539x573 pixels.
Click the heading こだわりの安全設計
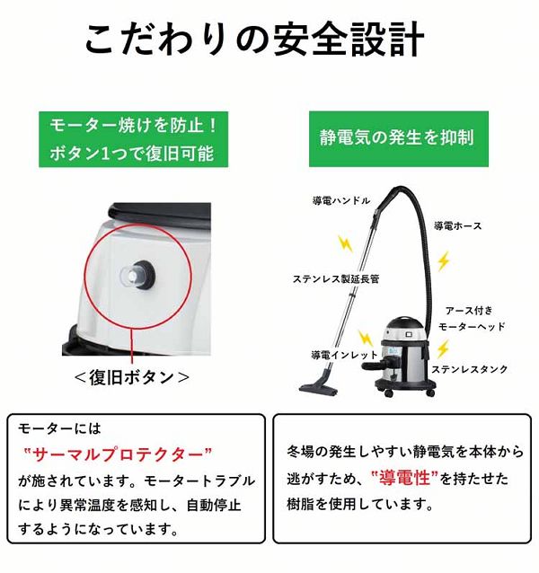(x=255, y=40)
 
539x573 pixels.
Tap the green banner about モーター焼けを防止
(x=132, y=137)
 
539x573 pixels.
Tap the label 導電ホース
(x=457, y=225)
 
